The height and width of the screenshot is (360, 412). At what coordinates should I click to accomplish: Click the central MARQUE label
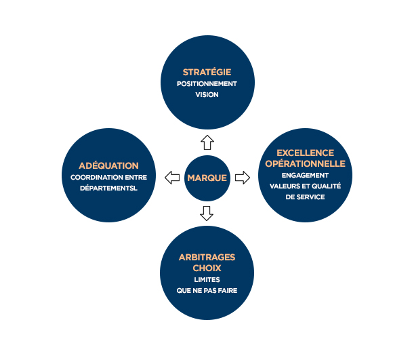(x=207, y=178)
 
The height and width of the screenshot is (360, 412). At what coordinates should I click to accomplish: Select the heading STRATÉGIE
(x=207, y=72)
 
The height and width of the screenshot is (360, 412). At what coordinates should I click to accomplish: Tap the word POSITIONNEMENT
(x=207, y=84)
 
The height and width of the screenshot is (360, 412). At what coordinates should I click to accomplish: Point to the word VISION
(x=207, y=95)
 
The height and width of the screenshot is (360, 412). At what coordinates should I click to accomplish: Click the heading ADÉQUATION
(x=109, y=165)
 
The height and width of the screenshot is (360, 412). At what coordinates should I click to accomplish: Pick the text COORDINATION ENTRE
(x=109, y=178)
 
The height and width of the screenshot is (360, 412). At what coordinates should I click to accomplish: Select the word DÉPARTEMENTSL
(x=109, y=188)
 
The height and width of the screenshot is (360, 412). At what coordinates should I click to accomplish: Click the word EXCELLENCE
(x=306, y=153)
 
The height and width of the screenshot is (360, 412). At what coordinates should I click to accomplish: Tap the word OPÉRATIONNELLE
(x=306, y=163)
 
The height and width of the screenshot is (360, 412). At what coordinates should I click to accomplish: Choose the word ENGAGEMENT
(x=306, y=176)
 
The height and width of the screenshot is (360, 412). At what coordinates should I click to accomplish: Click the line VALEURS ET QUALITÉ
(x=306, y=186)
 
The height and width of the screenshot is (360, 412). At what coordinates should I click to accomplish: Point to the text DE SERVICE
(x=306, y=197)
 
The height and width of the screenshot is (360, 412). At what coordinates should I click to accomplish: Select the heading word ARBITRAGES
(x=207, y=257)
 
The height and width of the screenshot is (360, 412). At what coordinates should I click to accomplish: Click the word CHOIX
(x=207, y=268)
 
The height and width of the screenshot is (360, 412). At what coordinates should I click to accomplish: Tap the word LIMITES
(x=207, y=280)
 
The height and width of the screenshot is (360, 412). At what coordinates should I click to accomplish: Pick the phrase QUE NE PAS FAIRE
(x=207, y=291)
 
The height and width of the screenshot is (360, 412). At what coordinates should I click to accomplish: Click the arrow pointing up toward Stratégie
(x=207, y=142)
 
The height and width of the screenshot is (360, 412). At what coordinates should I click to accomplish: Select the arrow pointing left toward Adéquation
(x=172, y=178)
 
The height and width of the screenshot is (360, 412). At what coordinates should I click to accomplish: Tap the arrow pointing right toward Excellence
(x=243, y=178)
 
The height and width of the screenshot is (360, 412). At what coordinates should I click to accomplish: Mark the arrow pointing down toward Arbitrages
(x=207, y=214)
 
